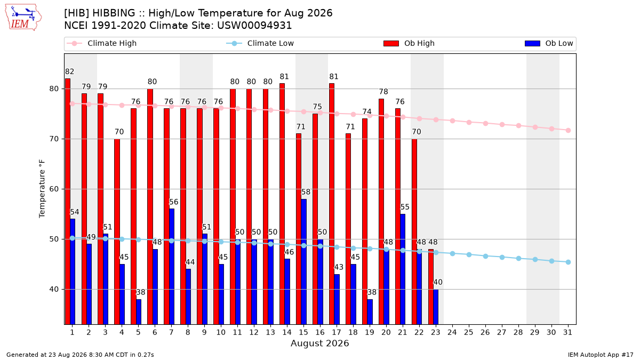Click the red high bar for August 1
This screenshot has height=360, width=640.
point(68,202)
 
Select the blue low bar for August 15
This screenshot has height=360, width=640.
point(303,262)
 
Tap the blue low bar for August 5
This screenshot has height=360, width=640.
point(139,311)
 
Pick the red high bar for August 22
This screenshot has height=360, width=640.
point(414,231)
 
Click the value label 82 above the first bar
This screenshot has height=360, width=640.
point(70,71)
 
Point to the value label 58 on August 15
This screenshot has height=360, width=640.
point(306,192)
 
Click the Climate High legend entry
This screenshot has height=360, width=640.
point(102,43)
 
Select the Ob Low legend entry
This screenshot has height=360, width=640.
point(549,43)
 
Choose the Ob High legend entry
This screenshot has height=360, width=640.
point(409,43)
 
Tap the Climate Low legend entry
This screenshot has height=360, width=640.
point(260,43)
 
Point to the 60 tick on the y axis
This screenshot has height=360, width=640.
point(54,189)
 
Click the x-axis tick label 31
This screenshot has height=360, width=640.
point(567,332)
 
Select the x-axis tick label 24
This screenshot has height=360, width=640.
point(452,332)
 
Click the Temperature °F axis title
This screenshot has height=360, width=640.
point(42,189)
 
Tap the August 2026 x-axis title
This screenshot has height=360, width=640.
point(319,343)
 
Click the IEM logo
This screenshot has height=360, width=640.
point(23,18)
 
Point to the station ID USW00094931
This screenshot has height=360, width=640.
point(254,26)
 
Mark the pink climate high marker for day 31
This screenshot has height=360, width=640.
point(568,130)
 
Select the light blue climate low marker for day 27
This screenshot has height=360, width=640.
point(502,258)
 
